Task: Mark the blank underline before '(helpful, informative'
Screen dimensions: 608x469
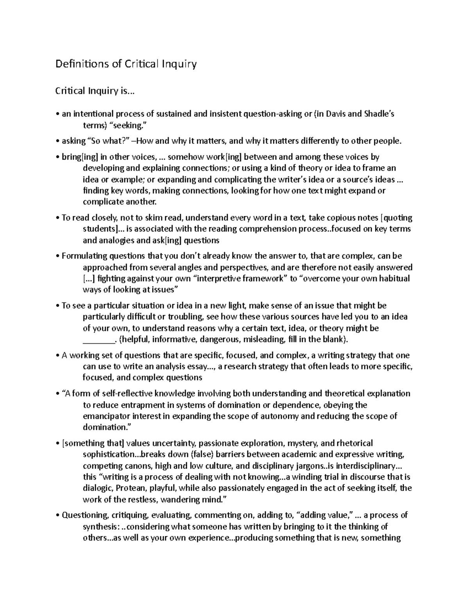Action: (x=99, y=339)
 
